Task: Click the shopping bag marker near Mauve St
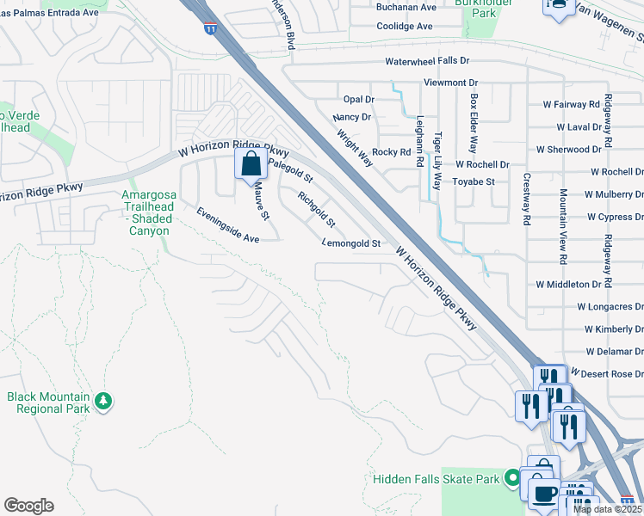pos(250,163)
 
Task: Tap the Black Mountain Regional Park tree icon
pos(103,401)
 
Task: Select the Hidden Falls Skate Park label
pos(437,477)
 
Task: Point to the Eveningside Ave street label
pos(227,225)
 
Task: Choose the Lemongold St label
pos(351,244)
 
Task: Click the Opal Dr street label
pos(358,101)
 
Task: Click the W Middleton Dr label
pos(567,284)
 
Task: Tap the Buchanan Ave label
pos(406,6)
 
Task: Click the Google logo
pos(28,506)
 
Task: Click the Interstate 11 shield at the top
pos(211,28)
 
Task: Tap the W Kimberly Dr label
pos(614,329)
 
